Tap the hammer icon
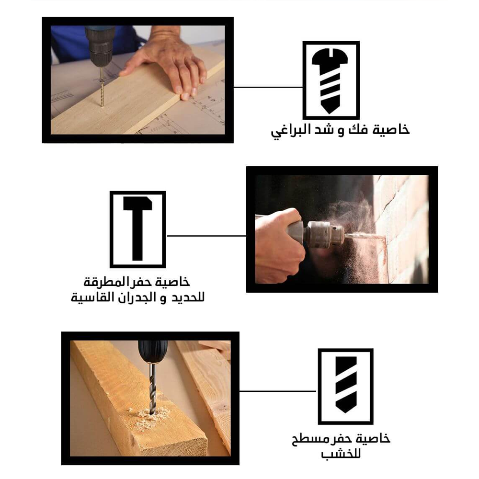[137, 228]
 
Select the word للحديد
[188, 297]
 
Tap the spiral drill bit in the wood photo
[152, 388]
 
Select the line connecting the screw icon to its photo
[268, 87]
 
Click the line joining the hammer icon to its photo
[206, 236]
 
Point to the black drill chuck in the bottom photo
[153, 351]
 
